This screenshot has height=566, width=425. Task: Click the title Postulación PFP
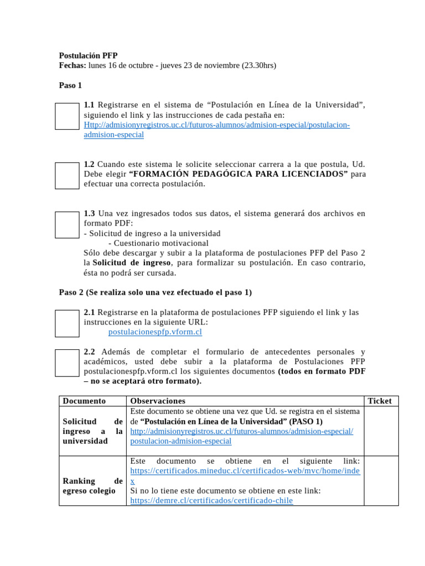pos(88,55)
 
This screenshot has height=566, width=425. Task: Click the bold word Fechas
pos(72,65)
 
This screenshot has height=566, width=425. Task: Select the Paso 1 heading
pos(70,85)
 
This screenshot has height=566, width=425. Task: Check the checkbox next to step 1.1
pos(67,116)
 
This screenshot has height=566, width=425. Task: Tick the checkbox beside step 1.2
pos(67,175)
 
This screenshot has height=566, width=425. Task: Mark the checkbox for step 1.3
pos(67,224)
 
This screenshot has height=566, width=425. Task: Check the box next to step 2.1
pos(67,323)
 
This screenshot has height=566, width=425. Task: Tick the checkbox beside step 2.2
pos(67,363)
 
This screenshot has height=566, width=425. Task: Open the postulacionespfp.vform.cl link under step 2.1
pos(155,332)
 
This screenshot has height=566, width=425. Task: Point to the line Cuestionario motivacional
pos(158,243)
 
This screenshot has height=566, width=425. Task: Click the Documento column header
pos(84,401)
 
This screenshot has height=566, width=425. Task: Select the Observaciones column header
pos(158,401)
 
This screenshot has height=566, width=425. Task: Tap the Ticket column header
pos(380,401)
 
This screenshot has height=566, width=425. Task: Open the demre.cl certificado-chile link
pos(211,500)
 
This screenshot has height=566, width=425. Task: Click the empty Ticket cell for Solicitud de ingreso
pos(381,431)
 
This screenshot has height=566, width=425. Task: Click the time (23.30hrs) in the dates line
pos(258,65)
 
